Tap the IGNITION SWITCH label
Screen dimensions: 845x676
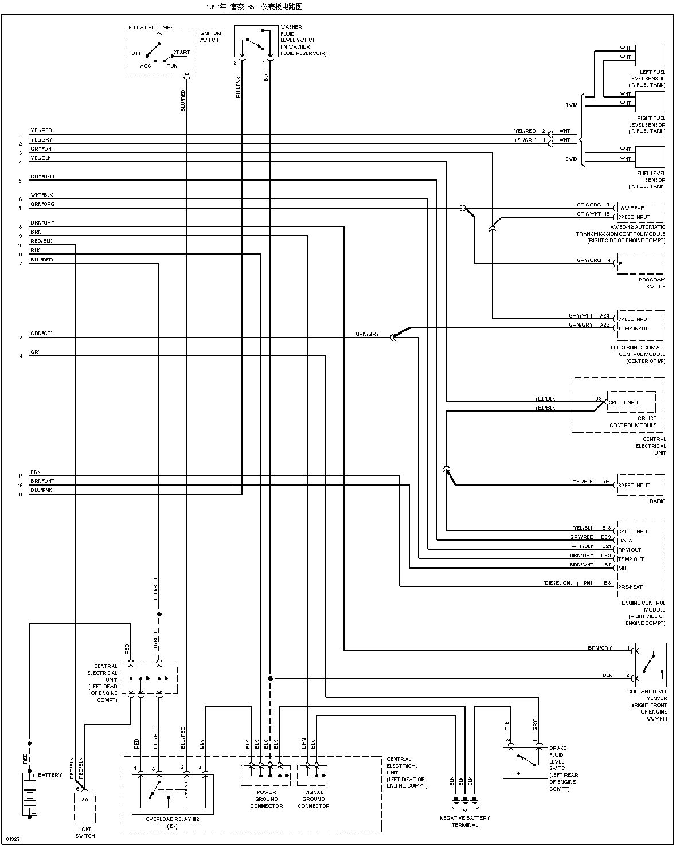pos(209,37)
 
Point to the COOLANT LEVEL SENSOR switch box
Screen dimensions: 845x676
pos(650,664)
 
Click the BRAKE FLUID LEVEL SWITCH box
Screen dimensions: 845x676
pos(525,763)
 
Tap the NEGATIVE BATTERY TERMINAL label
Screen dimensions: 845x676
pos(465,821)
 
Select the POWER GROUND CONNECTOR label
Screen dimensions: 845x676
pos(266,799)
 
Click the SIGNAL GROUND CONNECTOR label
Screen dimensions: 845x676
pos(314,799)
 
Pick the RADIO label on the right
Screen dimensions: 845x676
pos(657,501)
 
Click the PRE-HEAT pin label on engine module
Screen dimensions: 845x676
pos(630,586)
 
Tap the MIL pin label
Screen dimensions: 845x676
pos(622,568)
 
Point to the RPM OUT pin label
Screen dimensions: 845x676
pos(629,550)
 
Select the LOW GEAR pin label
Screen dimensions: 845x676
pos(631,208)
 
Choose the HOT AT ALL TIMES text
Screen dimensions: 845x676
pos(150,28)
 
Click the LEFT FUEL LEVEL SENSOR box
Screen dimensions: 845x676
pos(650,56)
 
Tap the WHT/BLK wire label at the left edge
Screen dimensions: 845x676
pos(41,195)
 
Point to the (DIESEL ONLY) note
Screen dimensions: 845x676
pos(560,584)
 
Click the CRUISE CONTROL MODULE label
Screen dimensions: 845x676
pos(632,421)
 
